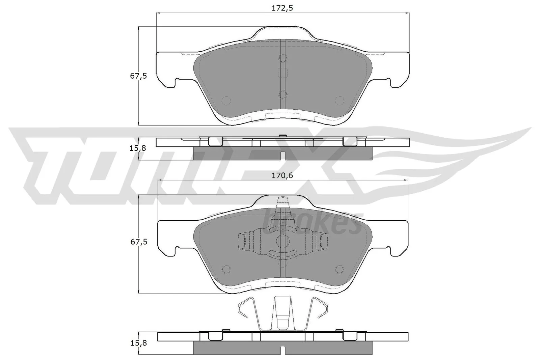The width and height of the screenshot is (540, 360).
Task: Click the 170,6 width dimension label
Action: tap(282, 175)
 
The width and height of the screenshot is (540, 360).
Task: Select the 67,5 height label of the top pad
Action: tap(138, 76)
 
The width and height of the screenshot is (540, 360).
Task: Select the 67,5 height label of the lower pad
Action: tap(138, 242)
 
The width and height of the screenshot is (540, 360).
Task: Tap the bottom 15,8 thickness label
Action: tap(138, 343)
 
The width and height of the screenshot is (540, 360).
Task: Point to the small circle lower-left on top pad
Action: tap(226, 100)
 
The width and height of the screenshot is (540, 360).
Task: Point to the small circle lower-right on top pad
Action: tap(339, 100)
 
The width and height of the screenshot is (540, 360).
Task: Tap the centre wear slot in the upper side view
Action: tap(283, 156)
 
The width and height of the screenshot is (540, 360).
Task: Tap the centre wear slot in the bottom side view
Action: tap(283, 351)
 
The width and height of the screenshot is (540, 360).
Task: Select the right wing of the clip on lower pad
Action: tap(318, 242)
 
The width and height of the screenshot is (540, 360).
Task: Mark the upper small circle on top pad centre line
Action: tap(283, 58)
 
